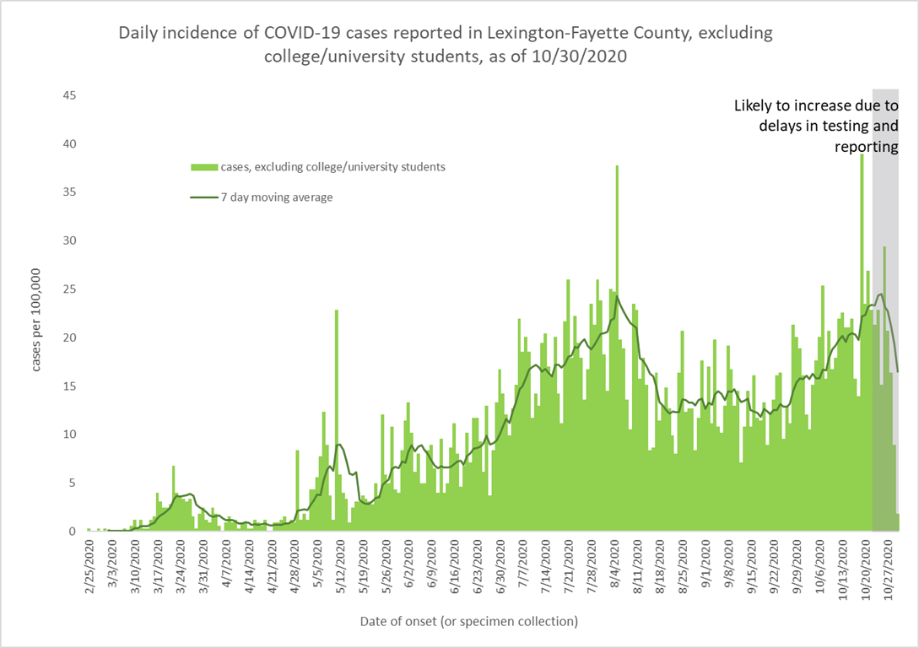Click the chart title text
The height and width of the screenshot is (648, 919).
tap(445, 45)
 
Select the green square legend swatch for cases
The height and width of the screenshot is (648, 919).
tap(204, 167)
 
